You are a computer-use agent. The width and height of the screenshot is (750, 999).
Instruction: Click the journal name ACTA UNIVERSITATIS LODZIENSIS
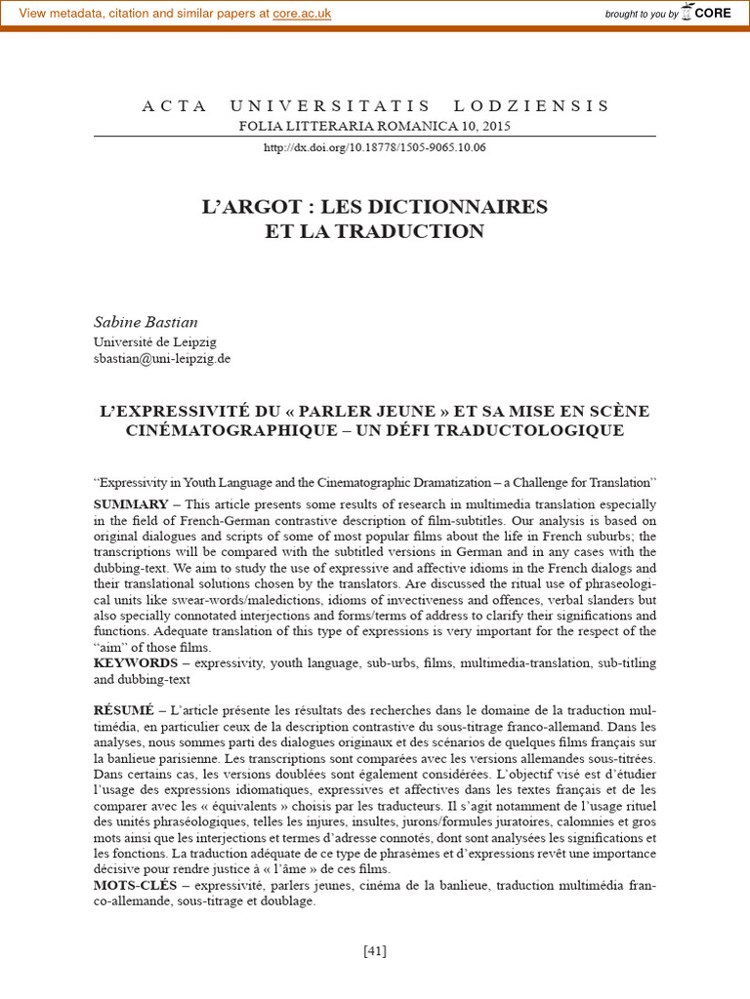(375, 106)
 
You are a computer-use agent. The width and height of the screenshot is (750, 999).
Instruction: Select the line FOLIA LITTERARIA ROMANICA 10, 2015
(375, 126)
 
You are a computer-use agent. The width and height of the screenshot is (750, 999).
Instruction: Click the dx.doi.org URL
(375, 147)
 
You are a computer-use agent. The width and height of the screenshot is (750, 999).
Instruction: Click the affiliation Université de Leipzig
(154, 341)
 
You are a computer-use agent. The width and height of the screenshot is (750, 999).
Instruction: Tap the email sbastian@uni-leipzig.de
(162, 358)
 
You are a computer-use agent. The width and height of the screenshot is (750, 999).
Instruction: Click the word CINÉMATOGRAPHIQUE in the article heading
(225, 430)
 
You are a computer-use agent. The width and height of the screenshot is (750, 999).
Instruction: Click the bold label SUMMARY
(131, 504)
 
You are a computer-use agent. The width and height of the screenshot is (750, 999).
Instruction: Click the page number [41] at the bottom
(375, 951)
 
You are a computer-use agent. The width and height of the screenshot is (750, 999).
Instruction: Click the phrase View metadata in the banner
(61, 14)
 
